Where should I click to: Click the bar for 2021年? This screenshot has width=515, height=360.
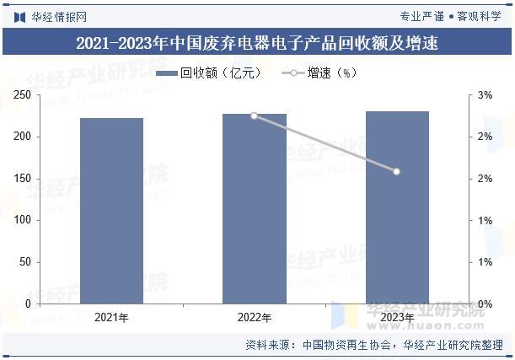point(111,210)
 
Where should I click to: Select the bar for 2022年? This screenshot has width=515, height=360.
point(255,208)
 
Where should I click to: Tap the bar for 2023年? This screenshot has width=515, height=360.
point(397,207)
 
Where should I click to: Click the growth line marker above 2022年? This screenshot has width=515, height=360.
point(255,116)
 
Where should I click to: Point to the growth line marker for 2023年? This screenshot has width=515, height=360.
point(397,171)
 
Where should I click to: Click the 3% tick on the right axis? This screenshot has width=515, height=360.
point(485,95)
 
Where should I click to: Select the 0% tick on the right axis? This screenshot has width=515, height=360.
point(485,304)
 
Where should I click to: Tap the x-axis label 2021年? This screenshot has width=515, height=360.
point(111,318)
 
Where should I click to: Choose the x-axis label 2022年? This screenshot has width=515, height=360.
point(255,318)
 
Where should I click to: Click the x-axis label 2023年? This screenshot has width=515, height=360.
point(397,318)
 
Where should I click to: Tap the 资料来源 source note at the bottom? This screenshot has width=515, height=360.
point(374,345)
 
